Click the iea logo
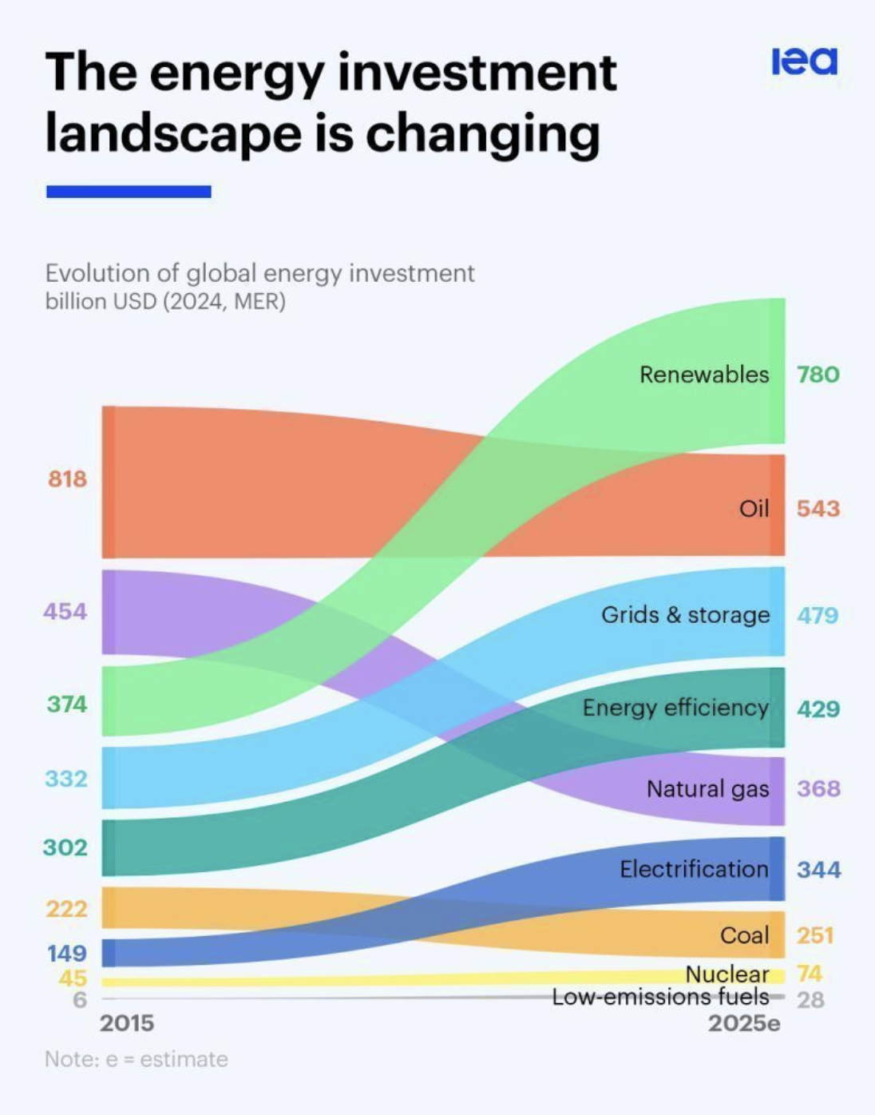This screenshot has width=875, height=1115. point(804,62)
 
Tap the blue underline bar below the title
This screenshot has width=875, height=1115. point(129,192)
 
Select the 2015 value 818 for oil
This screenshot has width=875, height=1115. point(67,478)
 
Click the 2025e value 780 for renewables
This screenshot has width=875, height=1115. point(818,374)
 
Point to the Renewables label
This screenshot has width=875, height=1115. point(704,374)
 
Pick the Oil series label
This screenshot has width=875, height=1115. point(754,508)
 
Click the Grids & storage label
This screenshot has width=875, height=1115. point(685,614)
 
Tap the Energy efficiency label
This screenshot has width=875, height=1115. point(675,708)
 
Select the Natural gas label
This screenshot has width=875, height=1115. point(707,788)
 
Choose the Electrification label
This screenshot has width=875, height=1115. point(694,868)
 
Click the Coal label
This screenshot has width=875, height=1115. point(744,934)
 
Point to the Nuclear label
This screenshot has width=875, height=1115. point(727,974)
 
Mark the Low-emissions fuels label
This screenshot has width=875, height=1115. point(660,997)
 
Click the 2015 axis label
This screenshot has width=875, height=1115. point(127,1023)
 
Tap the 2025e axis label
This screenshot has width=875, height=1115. point(744,1023)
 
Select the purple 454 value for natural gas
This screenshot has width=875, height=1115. point(65,611)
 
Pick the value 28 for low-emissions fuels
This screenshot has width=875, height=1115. point(810,1000)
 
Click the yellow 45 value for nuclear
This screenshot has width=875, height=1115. point(73,978)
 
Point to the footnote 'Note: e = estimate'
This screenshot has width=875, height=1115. point(137,1059)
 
